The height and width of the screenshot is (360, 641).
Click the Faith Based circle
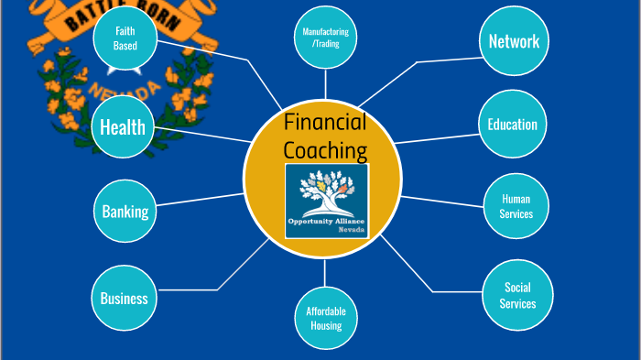[125, 38]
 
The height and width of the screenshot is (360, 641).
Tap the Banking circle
[125, 212]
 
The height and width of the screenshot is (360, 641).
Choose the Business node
[124, 298]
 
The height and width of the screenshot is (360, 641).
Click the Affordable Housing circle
[325, 318]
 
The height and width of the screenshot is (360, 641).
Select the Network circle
[513, 41]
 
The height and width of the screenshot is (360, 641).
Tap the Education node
[512, 125]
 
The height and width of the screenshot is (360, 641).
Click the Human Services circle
[516, 206]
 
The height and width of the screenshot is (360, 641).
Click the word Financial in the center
[324, 122]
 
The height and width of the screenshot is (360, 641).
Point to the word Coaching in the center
[324, 150]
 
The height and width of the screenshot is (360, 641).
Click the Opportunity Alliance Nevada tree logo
[326, 201]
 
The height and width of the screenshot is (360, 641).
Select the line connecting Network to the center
[417, 62]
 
